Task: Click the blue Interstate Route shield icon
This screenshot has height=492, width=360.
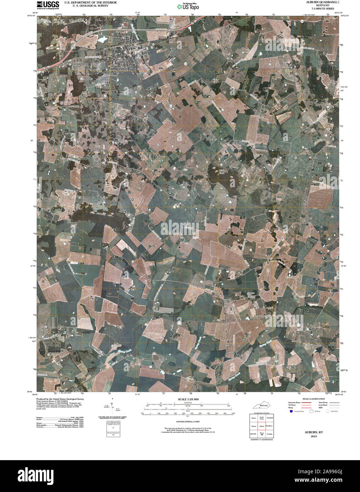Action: click(291, 411)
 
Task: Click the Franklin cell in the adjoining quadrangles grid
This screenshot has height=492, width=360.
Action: click(270, 434)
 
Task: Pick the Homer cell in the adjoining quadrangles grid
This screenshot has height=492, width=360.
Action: click(253, 418)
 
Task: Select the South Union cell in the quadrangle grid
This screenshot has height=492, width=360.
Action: click(262, 418)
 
